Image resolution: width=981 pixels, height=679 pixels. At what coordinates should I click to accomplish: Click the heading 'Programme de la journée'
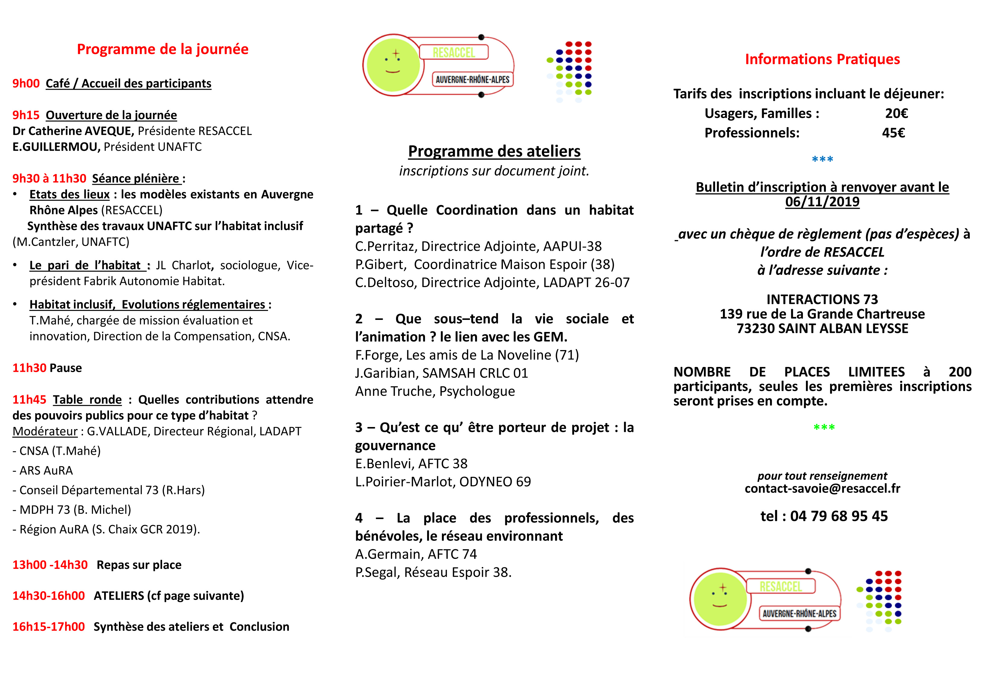(x=162, y=49)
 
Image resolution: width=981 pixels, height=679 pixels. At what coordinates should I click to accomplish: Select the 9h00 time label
(x=26, y=83)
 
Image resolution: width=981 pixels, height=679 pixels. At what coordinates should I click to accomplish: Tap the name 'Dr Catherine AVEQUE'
(x=73, y=131)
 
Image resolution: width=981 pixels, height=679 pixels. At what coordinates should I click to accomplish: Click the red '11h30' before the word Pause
(x=29, y=368)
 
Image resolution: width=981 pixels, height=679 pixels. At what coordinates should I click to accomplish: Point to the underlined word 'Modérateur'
(x=45, y=432)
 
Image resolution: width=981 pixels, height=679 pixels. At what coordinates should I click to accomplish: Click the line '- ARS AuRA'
(x=43, y=470)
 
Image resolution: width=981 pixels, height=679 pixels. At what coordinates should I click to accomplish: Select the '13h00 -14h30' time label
(x=50, y=565)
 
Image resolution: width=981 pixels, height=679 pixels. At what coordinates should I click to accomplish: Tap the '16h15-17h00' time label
(x=49, y=627)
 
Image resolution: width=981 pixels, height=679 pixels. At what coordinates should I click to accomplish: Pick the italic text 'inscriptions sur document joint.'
(x=494, y=171)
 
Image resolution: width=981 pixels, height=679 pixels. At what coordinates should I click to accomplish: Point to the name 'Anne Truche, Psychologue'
(x=435, y=391)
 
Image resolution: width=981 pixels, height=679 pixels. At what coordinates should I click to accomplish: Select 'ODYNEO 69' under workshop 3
(x=495, y=482)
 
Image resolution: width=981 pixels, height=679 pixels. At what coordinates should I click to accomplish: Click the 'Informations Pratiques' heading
(x=822, y=59)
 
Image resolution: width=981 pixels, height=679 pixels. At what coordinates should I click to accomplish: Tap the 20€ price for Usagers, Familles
(x=896, y=113)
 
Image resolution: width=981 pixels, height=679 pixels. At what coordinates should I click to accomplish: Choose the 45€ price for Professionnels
(x=893, y=133)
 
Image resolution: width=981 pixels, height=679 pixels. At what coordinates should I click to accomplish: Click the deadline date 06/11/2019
(x=822, y=202)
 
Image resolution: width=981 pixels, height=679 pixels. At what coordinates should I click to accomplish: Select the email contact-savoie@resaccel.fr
(x=822, y=488)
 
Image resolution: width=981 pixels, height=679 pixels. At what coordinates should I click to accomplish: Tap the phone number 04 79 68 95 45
(x=839, y=516)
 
